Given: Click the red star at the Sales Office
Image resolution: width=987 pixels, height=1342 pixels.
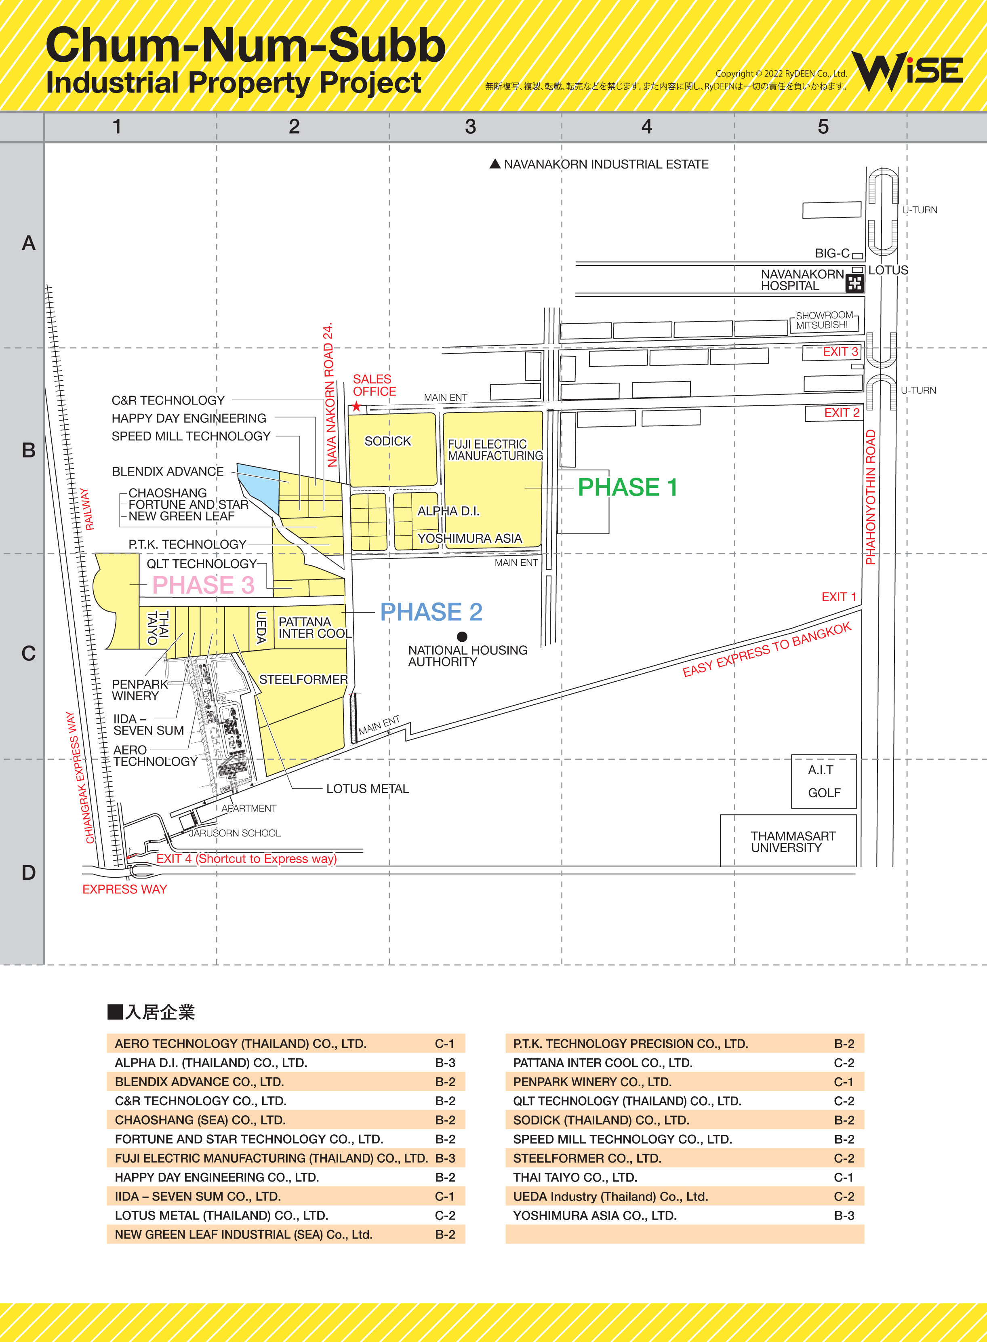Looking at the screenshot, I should click(357, 407).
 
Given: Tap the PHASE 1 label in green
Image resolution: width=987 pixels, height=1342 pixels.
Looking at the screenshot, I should click(627, 488).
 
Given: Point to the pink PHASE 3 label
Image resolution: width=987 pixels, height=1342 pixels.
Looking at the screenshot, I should click(203, 585).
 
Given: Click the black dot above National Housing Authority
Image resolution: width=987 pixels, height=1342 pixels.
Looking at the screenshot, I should click(462, 636).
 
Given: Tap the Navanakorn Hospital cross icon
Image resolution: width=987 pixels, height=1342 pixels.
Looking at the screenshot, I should click(854, 283).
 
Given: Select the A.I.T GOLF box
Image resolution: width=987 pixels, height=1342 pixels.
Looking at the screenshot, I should click(824, 782).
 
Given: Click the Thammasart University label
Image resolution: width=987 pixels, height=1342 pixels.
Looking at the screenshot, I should click(793, 841).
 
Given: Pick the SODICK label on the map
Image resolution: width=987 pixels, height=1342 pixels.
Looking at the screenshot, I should click(388, 441).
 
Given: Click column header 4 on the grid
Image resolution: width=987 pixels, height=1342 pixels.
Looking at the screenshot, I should click(646, 126).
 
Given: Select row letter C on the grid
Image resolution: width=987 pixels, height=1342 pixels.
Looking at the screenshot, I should click(28, 653).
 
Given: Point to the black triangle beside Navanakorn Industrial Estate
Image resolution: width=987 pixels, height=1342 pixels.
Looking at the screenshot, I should click(495, 164).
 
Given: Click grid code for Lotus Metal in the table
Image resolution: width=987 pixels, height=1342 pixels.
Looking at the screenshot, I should click(444, 1216).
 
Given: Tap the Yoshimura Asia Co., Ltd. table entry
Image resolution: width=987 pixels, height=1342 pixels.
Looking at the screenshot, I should click(594, 1216).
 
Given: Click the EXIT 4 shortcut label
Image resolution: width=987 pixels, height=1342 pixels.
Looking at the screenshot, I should click(246, 859).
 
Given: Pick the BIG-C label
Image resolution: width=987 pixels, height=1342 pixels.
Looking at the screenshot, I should click(832, 253).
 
